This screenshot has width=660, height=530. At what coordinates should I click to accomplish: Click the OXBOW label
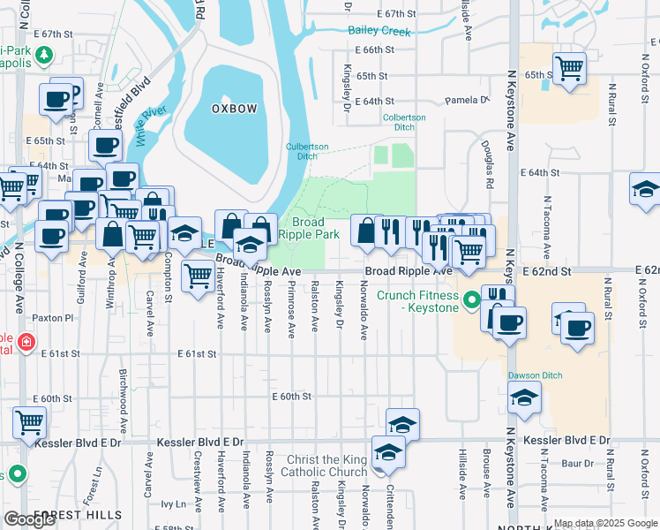click(x=234, y=109)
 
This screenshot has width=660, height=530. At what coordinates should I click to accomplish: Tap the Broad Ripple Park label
click(x=304, y=229)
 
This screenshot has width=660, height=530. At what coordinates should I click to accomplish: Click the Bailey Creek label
click(x=379, y=32)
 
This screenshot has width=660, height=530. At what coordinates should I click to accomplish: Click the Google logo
click(x=29, y=519)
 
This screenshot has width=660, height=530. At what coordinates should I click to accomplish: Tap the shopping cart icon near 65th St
click(x=570, y=66)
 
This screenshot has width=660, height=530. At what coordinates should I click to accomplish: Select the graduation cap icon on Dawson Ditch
click(x=525, y=397)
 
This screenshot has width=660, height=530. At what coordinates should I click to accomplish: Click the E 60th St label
click(x=291, y=397)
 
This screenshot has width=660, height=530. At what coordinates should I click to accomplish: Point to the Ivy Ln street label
click(x=174, y=504)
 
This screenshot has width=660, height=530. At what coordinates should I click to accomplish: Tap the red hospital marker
click(x=26, y=341)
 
